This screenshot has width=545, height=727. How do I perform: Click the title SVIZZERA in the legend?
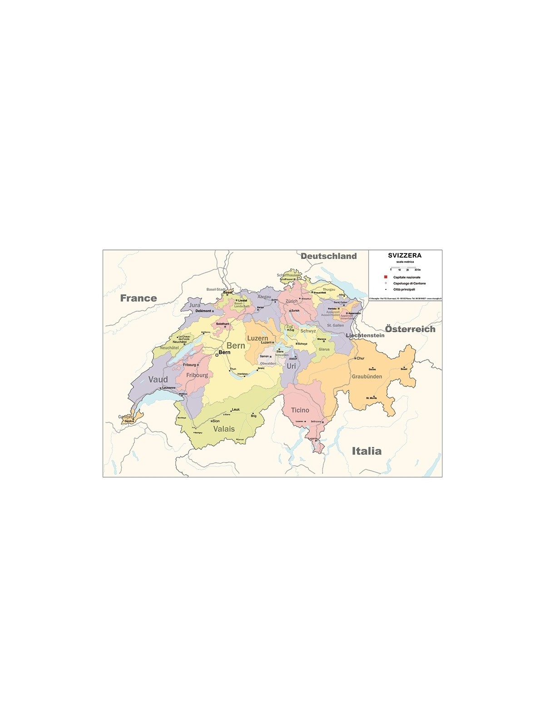(x=405, y=255)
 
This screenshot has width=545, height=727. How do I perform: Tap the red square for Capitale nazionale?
(x=385, y=277)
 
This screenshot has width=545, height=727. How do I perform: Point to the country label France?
(x=138, y=298)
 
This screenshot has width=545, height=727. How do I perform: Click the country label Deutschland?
(x=328, y=256)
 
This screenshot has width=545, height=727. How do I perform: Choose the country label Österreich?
(x=410, y=329)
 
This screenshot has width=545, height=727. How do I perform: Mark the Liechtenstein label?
(x=365, y=335)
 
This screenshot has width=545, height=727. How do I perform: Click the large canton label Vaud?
(x=158, y=379)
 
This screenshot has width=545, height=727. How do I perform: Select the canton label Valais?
(x=224, y=429)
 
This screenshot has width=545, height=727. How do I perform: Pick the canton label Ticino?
(x=300, y=410)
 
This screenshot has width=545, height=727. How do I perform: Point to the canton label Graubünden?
(x=367, y=377)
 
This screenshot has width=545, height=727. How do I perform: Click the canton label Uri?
(x=291, y=366)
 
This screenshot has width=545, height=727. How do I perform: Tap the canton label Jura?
(x=195, y=305)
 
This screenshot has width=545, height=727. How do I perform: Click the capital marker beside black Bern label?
(x=217, y=355)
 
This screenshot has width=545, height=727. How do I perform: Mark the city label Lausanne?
(x=168, y=388)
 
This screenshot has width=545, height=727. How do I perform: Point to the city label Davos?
(x=372, y=369)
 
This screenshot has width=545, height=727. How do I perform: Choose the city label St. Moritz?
(x=372, y=398)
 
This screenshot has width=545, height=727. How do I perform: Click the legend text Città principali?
(x=404, y=289)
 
